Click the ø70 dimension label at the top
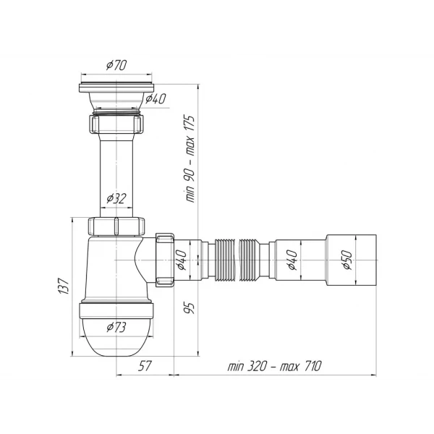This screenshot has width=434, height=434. (115, 66)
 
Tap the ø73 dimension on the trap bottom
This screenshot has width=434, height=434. (116, 326)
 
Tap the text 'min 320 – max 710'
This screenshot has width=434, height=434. (272, 366)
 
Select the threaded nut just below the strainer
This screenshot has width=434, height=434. (115, 124)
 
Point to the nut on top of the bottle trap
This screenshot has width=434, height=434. (116, 226)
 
